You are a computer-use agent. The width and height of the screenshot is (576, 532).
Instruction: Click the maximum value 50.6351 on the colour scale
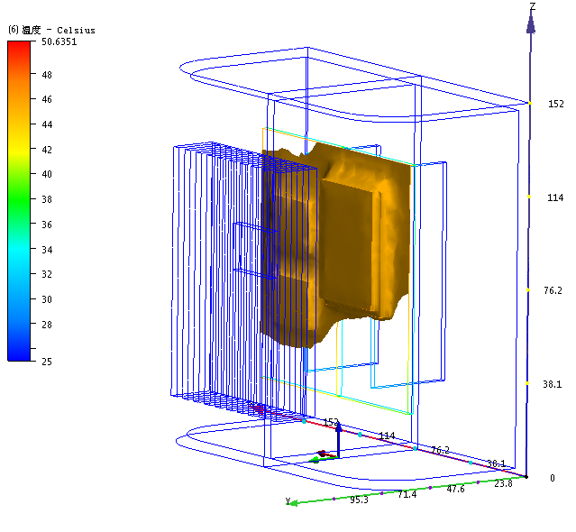(59, 41)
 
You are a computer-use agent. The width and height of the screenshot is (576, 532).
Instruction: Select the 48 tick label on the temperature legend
(47, 75)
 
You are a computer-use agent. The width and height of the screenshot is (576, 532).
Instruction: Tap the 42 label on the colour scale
(47, 150)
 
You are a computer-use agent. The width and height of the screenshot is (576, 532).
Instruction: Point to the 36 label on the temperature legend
(47, 225)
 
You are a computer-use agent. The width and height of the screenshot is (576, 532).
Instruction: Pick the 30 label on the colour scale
(47, 299)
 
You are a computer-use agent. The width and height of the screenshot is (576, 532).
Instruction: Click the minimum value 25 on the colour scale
(47, 362)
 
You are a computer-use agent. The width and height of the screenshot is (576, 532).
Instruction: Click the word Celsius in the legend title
(76, 31)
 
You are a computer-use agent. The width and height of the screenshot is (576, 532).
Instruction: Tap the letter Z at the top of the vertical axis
(533, 6)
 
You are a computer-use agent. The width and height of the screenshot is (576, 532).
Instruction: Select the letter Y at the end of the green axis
(288, 500)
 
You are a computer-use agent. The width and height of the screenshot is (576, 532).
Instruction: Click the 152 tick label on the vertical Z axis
(556, 104)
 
